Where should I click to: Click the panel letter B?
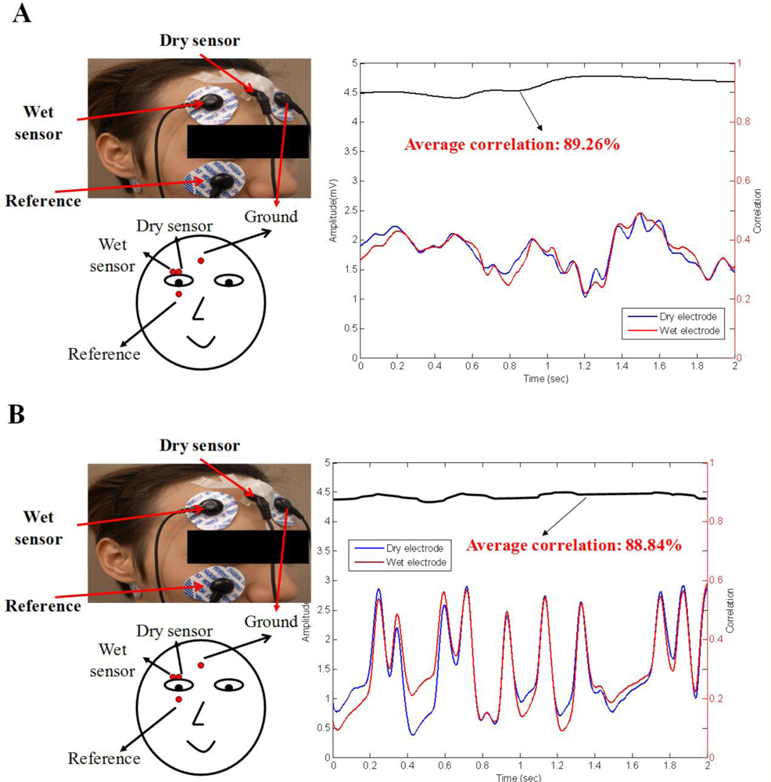pos(17,414)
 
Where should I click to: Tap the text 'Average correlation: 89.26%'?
pos(512,145)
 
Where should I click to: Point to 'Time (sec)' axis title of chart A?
pos(547,378)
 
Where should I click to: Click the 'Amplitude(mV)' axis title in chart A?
pos(334,210)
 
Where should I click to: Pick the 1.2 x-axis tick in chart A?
pos(584,365)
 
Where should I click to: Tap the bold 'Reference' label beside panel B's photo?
pos(43,606)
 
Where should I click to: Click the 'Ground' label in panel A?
pos(271,216)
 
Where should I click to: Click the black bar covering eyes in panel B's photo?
pos(248,546)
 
